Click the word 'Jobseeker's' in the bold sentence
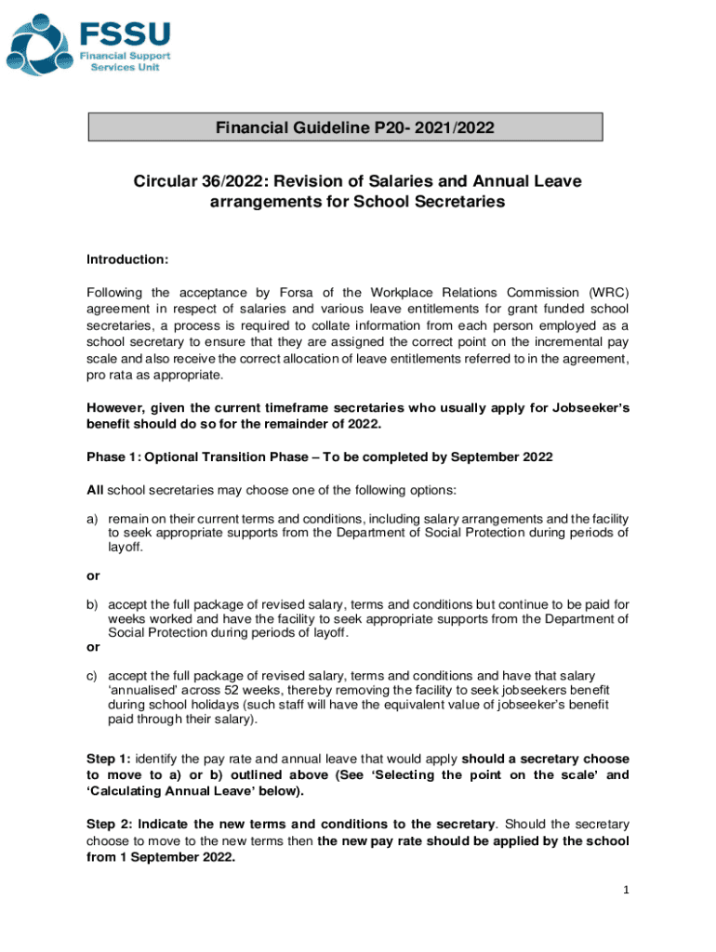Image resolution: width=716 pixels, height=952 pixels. tap(586, 406)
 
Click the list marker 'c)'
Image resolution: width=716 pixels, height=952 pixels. tap(93, 676)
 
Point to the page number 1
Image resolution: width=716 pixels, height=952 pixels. tap(627, 891)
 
